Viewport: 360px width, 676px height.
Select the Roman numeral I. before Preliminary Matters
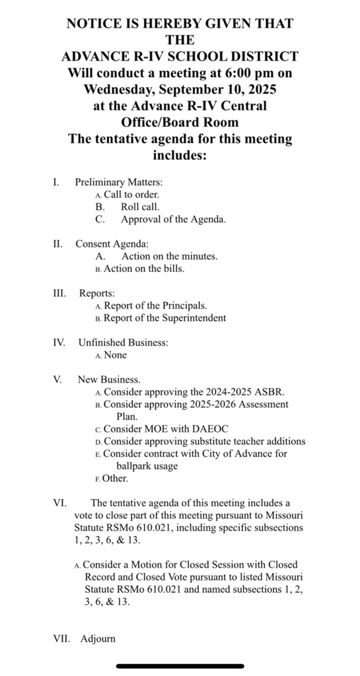pos(56,182)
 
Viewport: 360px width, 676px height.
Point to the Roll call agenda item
pos(140,207)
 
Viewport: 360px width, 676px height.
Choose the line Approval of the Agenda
pos(173,219)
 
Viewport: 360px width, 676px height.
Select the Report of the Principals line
pos(155,306)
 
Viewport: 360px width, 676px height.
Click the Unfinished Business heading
pos(123,343)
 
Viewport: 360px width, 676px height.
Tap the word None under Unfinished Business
pos(116,355)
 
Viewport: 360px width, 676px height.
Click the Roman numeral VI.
pos(59,503)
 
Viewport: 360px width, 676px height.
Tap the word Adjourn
pos(98,639)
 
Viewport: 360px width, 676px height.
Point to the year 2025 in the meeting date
pos(260,89)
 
